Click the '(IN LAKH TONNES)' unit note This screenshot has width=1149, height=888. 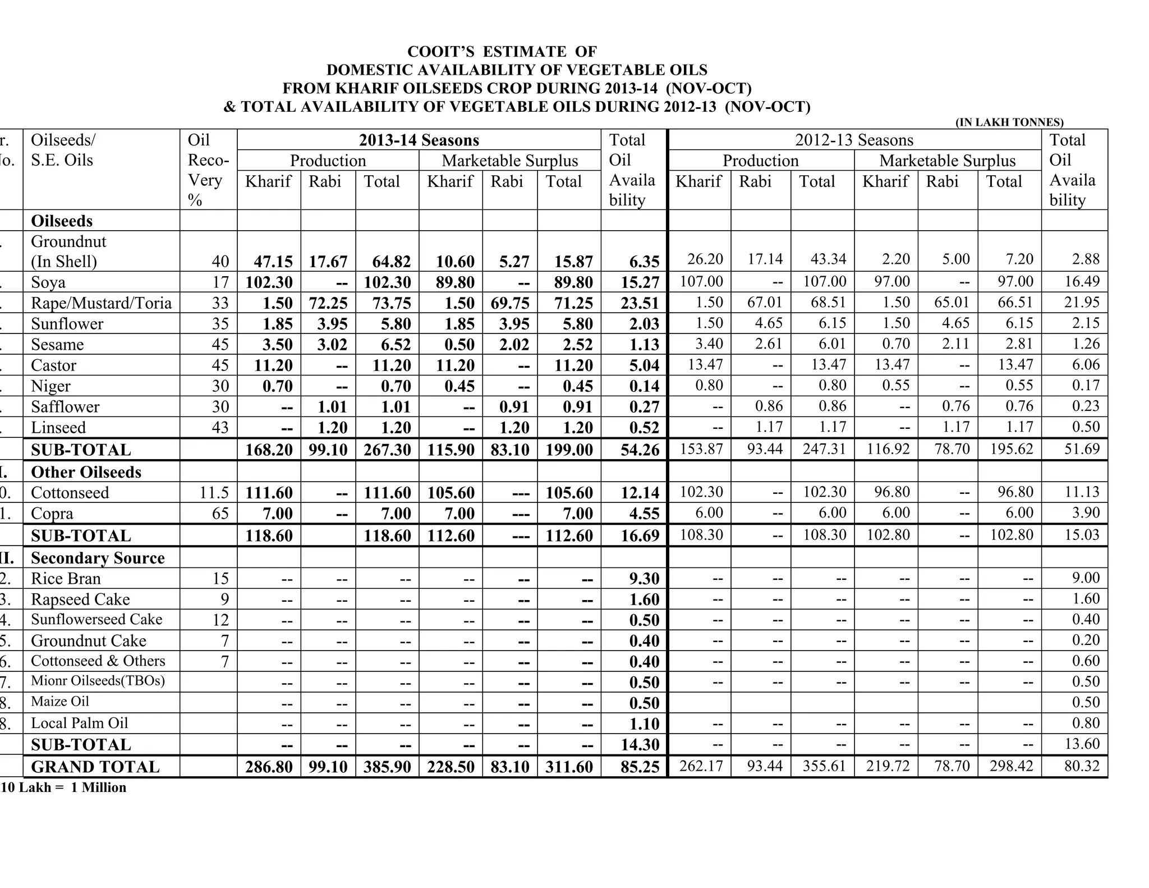pyautogui.click(x=1009, y=122)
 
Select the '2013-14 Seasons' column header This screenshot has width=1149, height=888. pyautogui.click(x=419, y=140)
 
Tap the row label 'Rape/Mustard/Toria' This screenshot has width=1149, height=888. pyautogui.click(x=101, y=303)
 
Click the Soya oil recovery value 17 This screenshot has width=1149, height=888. pyautogui.click(x=220, y=282)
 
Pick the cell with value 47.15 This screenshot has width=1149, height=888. pyautogui.click(x=269, y=262)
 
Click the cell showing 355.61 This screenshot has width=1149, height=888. pyautogui.click(x=824, y=766)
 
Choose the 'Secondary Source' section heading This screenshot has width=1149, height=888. pyautogui.click(x=98, y=558)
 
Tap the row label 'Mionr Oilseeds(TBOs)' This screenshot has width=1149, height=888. pyautogui.click(x=98, y=681)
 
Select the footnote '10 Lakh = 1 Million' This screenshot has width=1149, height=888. pyautogui.click(x=63, y=788)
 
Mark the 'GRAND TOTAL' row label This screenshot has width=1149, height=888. pyautogui.click(x=95, y=767)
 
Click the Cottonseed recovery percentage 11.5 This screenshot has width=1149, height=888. pyautogui.click(x=214, y=493)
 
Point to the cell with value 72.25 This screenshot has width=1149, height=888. pyautogui.click(x=328, y=303)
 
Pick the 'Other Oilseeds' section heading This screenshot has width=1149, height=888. pyautogui.click(x=86, y=472)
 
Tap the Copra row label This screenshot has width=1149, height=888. pyautogui.click(x=52, y=514)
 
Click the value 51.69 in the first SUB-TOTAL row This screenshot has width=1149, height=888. pyautogui.click(x=1082, y=449)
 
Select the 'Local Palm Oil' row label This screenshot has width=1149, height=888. pyautogui.click(x=79, y=723)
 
